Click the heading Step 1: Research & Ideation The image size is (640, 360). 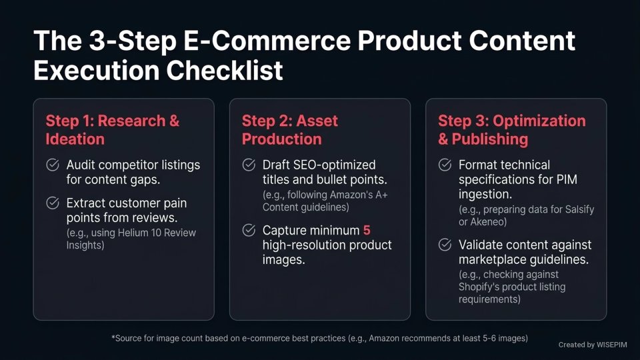(112, 130)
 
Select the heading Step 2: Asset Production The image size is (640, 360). (290, 130)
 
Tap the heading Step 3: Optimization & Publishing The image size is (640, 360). (511, 130)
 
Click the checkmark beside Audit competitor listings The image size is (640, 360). (52, 165)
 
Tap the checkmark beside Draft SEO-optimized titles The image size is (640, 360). (249, 165)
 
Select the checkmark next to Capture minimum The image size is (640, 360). (249, 230)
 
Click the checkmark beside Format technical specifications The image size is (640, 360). (445, 165)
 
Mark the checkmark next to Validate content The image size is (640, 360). (445, 245)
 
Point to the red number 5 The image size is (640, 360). (366, 231)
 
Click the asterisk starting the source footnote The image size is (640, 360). (113, 338)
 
